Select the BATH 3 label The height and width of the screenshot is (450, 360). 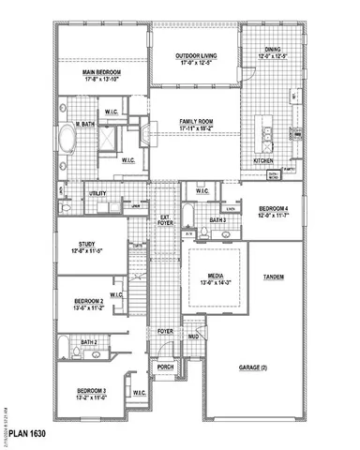[217, 220]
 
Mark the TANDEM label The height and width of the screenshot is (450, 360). [274, 277]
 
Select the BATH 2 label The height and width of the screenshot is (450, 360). [89, 343]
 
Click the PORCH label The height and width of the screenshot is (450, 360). [166, 367]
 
